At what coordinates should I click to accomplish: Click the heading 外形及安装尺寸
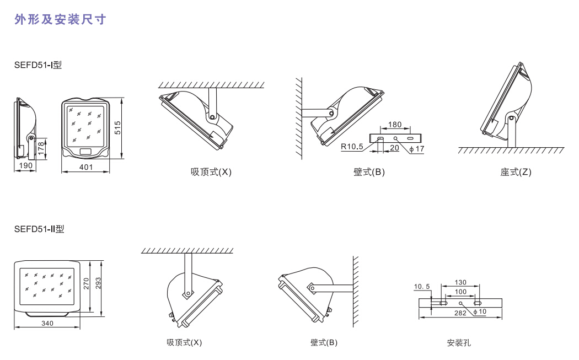coord(60,20)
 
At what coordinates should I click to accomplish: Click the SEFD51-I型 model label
coord(38,65)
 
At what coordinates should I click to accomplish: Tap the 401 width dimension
coord(85,166)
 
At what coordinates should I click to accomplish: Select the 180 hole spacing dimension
coord(395,125)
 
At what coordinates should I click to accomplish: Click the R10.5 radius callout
coord(351,147)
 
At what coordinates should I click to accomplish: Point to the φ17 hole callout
coord(417,148)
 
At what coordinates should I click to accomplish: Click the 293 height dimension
coord(99,283)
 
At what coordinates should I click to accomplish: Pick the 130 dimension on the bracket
coord(460,282)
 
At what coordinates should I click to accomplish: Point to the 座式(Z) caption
coord(516,172)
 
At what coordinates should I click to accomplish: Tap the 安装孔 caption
coord(459,343)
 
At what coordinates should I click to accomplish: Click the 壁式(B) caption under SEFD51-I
coord(369,172)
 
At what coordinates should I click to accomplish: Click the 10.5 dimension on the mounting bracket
coord(422,286)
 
